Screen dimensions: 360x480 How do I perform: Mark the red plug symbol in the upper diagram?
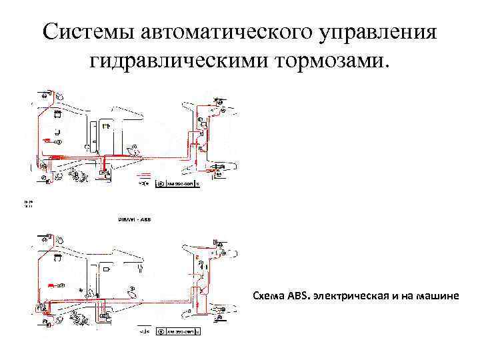(47, 141)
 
